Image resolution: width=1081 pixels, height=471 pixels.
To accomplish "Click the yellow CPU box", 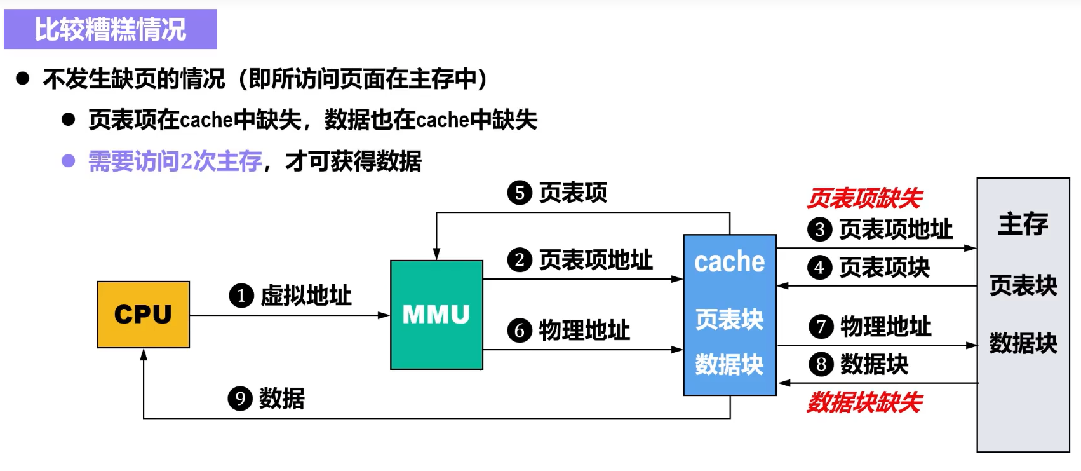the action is click(x=144, y=315).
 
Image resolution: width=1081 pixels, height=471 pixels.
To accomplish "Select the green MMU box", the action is click(x=437, y=315).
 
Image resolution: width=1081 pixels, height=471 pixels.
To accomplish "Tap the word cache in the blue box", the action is click(x=730, y=262).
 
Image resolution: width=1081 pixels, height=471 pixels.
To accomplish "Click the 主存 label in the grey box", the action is click(x=1023, y=224).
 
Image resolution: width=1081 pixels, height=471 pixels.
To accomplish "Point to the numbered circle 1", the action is click(x=241, y=296).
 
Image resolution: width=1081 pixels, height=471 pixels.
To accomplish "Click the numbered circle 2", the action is click(x=520, y=260).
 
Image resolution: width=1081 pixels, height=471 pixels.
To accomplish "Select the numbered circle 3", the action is click(x=820, y=229).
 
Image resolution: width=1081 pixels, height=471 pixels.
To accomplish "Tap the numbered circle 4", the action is click(x=819, y=268).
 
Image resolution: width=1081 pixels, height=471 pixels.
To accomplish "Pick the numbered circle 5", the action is click(x=520, y=193).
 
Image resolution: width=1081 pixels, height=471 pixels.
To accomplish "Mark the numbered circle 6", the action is click(x=520, y=331).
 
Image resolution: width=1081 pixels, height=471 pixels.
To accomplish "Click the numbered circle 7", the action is click(x=821, y=327).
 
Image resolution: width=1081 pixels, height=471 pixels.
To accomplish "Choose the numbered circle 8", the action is click(x=821, y=364).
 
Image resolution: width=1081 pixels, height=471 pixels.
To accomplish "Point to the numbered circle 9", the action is click(x=240, y=399).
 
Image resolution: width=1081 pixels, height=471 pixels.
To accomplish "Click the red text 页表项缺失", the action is click(x=864, y=198).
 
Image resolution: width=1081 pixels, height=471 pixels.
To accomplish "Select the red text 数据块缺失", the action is click(x=864, y=402).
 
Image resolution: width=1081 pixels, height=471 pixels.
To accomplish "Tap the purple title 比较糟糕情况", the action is click(x=111, y=29).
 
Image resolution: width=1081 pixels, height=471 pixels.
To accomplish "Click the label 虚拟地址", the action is click(x=306, y=296).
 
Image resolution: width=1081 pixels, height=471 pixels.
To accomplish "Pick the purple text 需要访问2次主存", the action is click(x=175, y=161).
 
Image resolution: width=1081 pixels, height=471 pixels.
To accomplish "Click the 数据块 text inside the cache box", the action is click(x=729, y=364).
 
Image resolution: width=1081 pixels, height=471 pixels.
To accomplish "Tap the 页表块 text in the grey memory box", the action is click(x=1023, y=285).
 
